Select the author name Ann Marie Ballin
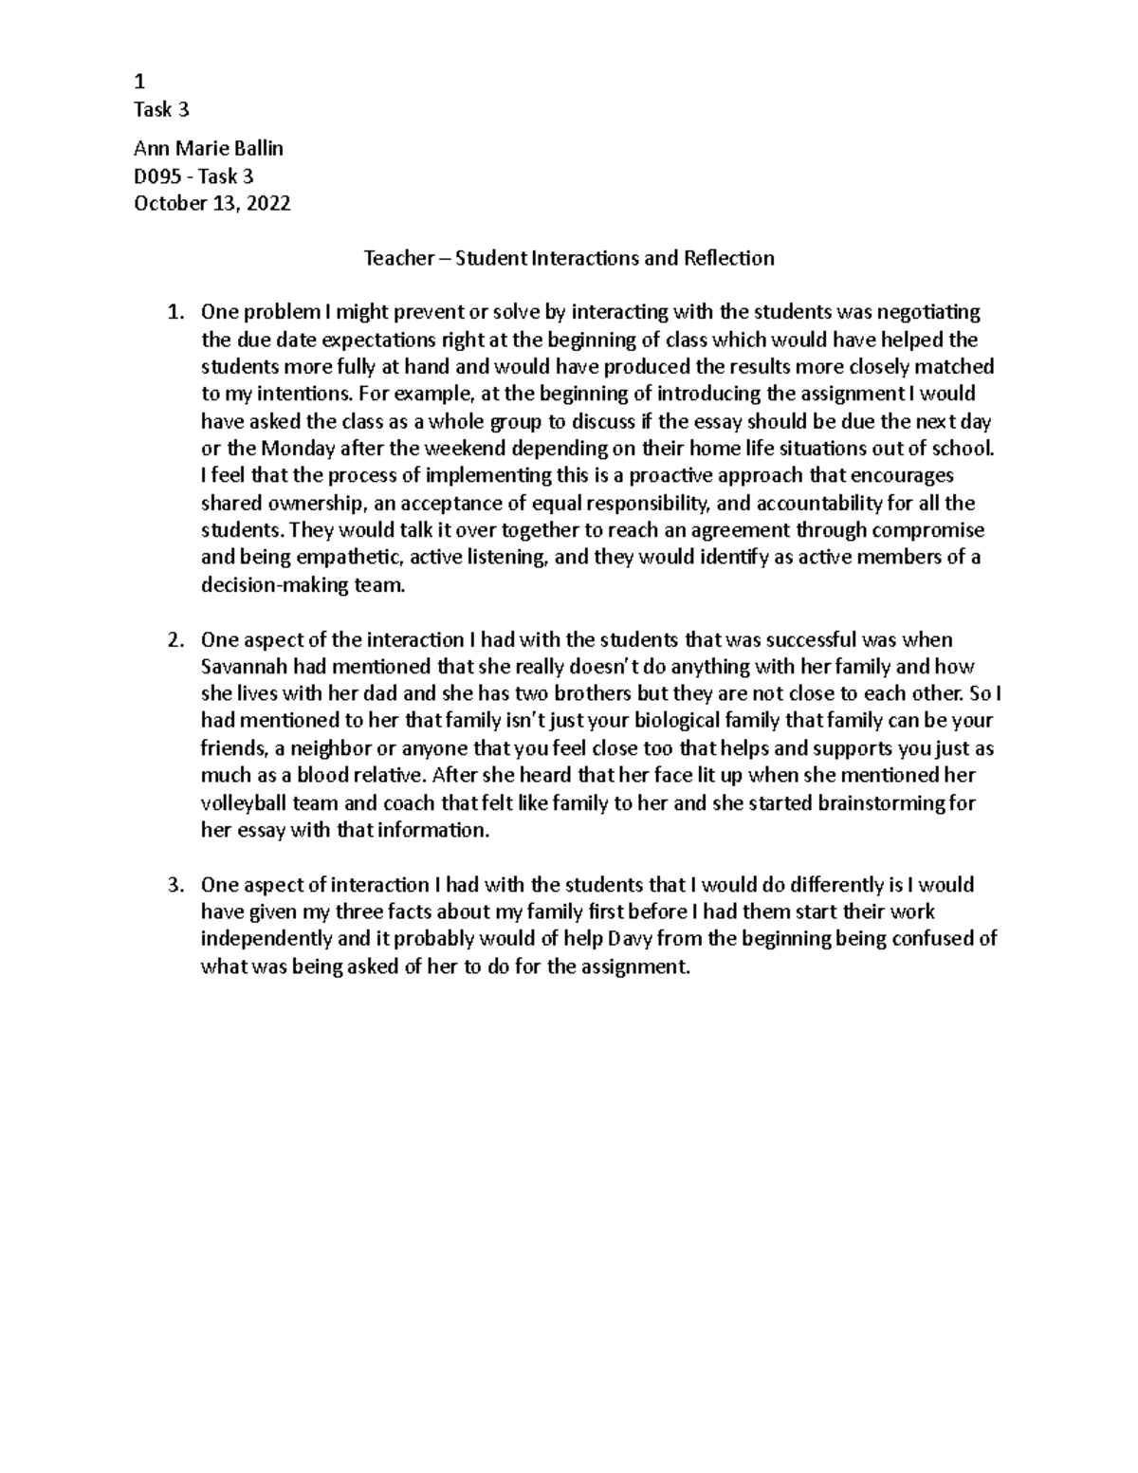coord(209,148)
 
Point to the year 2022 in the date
coord(268,203)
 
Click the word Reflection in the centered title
coord(729,258)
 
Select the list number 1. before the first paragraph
coord(174,312)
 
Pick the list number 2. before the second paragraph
coord(174,640)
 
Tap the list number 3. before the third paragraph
coord(174,885)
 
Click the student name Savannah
coord(244,667)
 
